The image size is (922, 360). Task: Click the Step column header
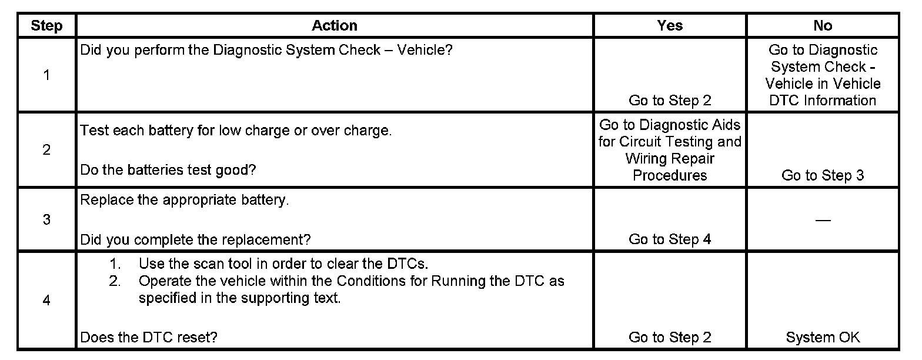click(x=46, y=26)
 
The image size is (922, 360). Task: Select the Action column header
click(x=334, y=26)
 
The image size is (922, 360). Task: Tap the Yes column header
click(x=670, y=26)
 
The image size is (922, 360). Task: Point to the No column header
click(x=823, y=26)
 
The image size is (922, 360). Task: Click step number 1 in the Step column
click(x=46, y=75)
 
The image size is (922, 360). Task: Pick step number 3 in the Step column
click(x=46, y=220)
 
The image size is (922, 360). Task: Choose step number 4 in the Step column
click(x=46, y=301)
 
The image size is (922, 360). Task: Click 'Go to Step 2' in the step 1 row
click(x=670, y=101)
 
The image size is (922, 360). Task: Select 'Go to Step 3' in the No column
click(x=823, y=175)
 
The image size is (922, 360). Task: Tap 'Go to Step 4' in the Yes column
click(x=670, y=239)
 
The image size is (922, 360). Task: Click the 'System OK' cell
click(x=823, y=338)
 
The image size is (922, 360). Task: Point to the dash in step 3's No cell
click(x=823, y=220)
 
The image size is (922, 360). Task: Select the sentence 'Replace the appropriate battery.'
click(x=185, y=200)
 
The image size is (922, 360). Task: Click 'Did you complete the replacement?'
click(x=195, y=239)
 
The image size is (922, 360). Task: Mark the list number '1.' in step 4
click(x=115, y=264)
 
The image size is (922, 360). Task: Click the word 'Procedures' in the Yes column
click(x=670, y=175)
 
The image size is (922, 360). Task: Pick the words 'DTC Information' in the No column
click(x=823, y=101)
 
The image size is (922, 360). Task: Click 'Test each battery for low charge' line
click(x=235, y=131)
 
